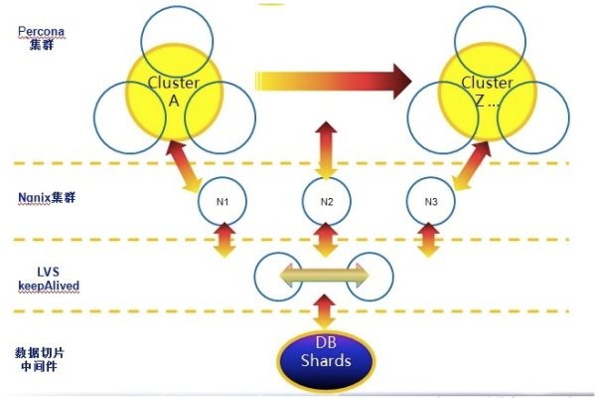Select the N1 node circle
pos(223,202)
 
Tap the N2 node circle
pos(327,202)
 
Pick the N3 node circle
pos(430,202)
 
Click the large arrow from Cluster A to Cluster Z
pos(333,81)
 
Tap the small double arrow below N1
pos(224,240)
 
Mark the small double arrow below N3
pos(428,240)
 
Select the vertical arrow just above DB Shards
pos(324,312)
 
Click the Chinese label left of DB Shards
pos(42,357)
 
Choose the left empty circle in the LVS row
pos(278,276)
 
